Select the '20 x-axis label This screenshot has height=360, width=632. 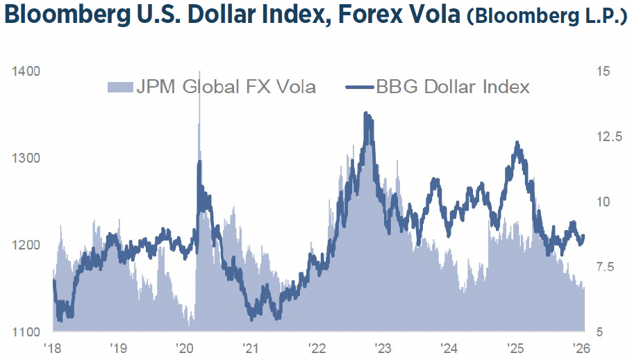184,347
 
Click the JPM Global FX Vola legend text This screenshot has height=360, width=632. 226,87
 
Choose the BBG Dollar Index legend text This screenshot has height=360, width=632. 453,87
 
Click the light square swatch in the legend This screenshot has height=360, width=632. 115,87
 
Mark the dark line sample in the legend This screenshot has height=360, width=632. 360,87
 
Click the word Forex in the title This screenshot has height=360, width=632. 357,17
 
